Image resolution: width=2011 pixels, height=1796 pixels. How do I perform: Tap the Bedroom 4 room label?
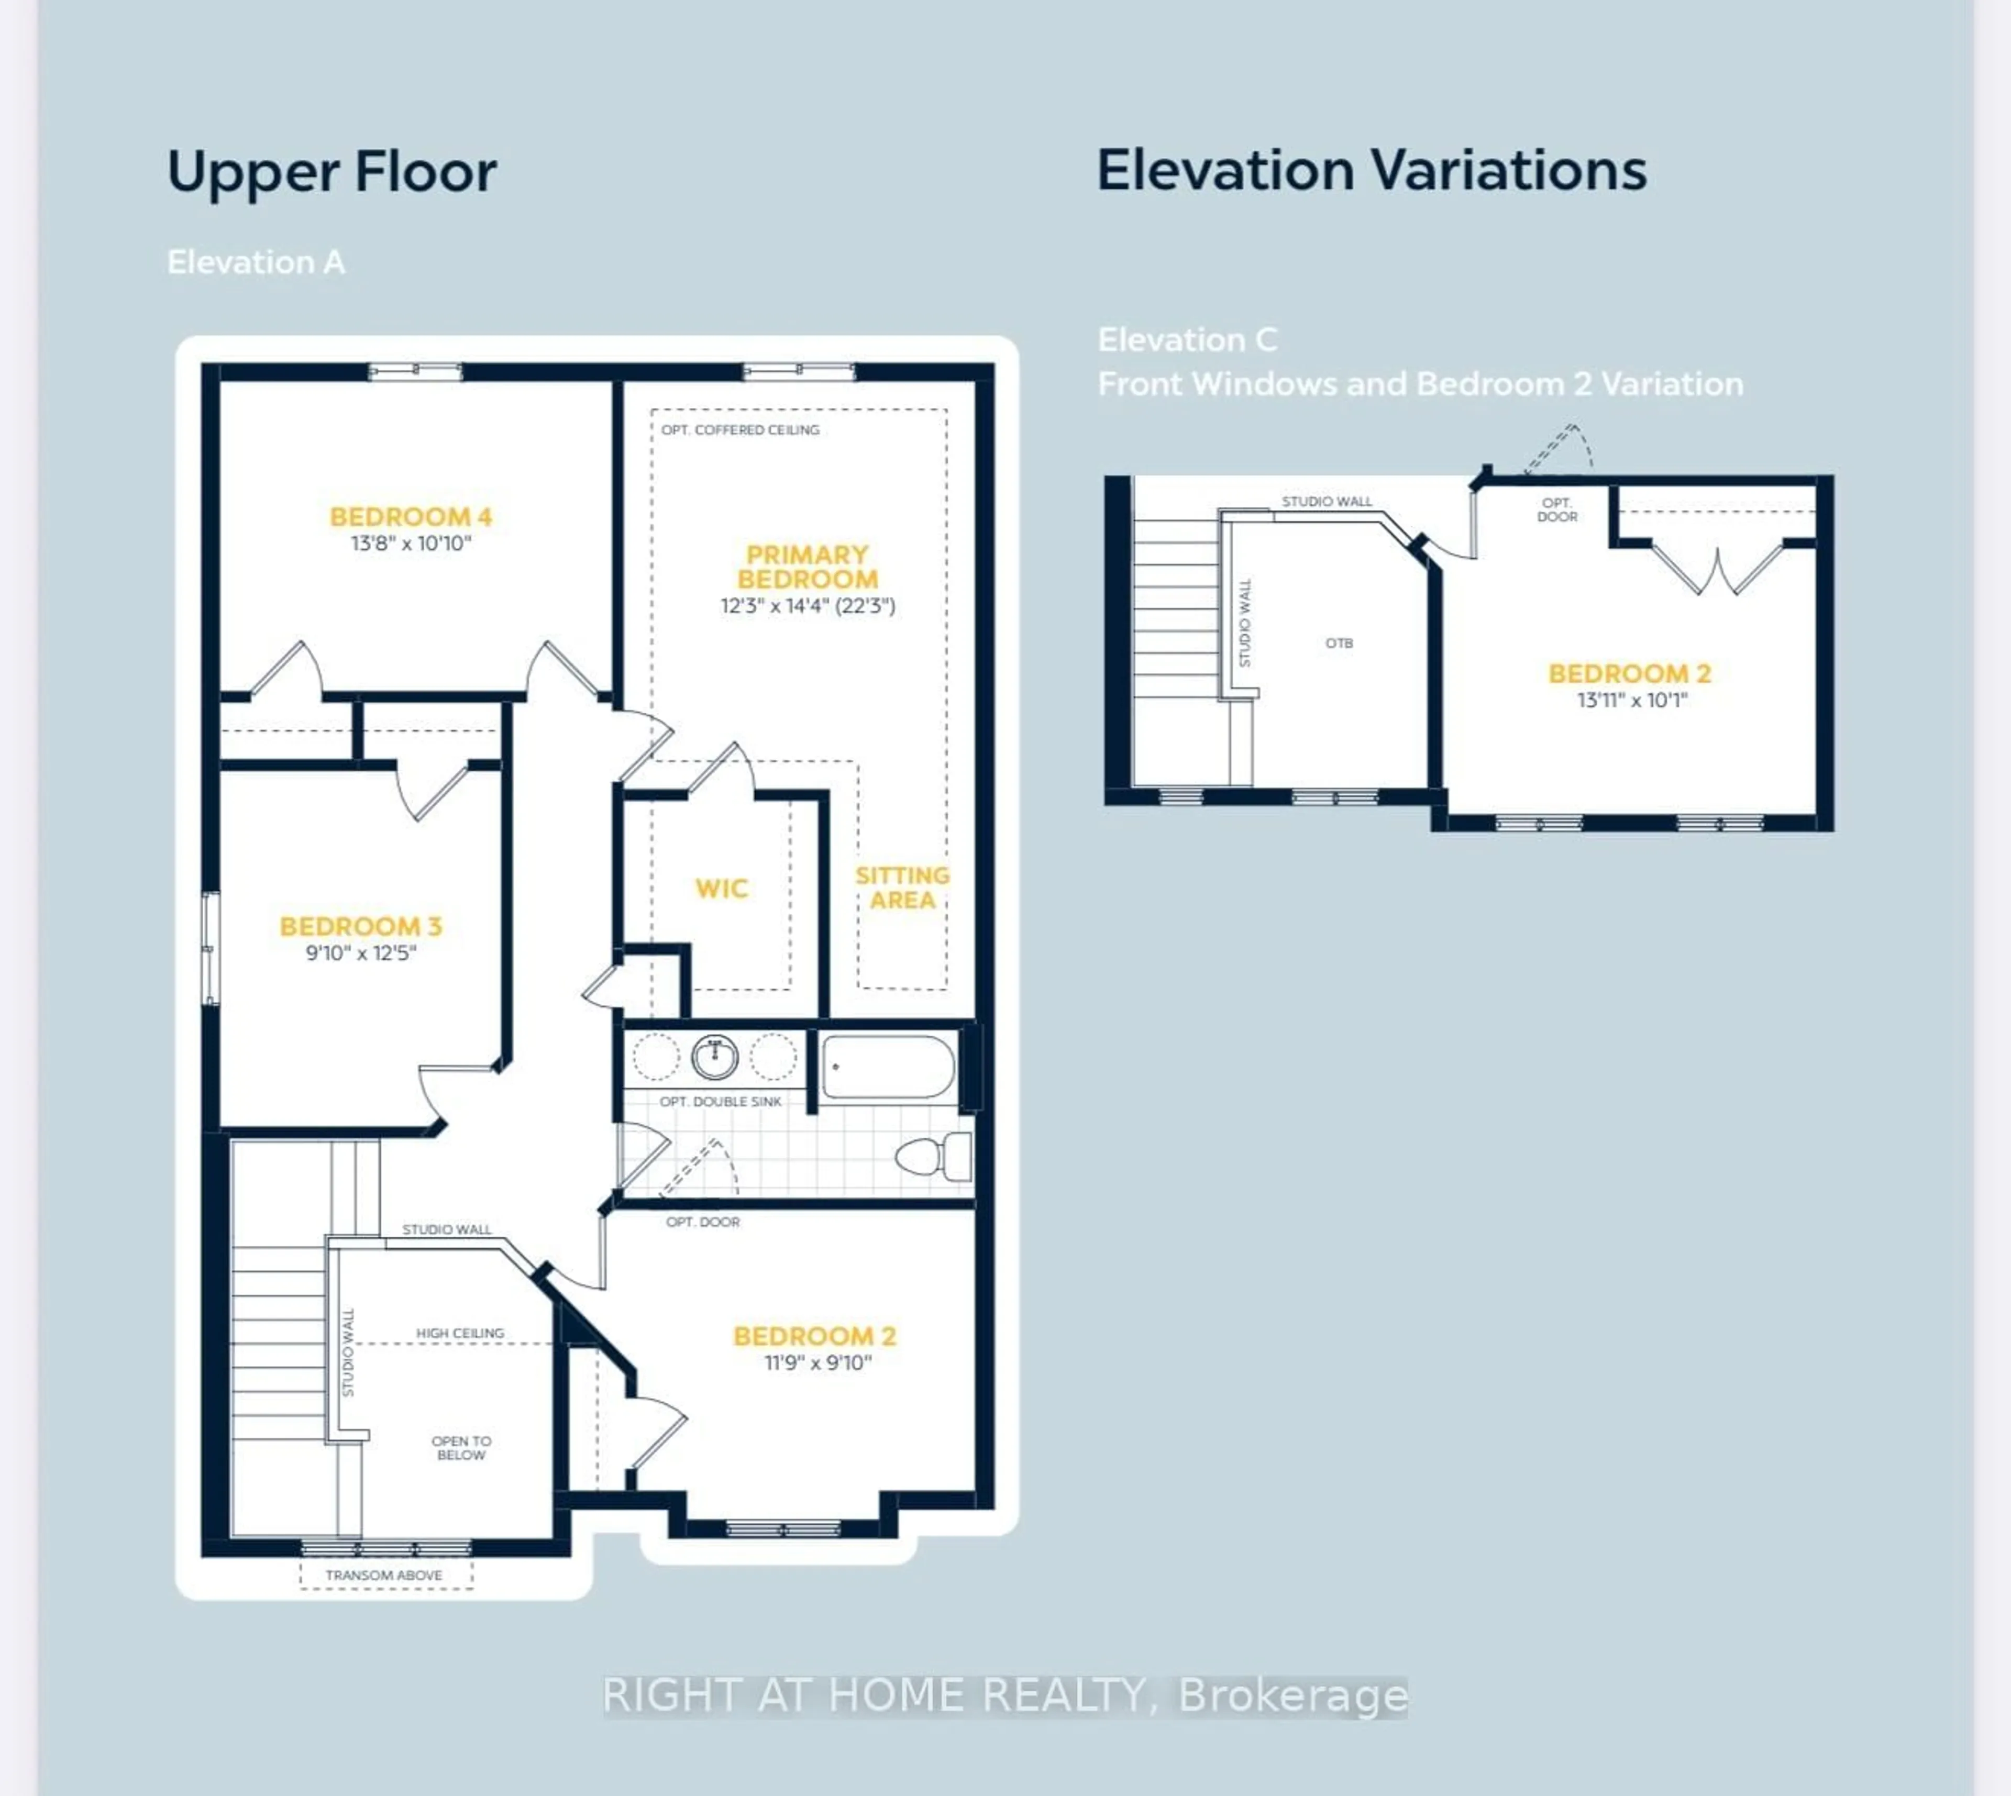(x=411, y=516)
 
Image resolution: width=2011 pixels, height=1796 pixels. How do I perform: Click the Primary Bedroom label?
(x=807, y=567)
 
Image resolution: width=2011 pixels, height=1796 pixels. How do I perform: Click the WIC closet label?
(x=721, y=888)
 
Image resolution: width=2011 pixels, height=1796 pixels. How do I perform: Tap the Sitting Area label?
(x=902, y=887)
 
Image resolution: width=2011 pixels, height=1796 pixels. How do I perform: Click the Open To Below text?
(x=461, y=1448)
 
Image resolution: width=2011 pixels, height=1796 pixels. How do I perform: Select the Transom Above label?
(x=384, y=1575)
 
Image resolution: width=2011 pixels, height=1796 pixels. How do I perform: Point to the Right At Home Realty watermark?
(x=1004, y=1695)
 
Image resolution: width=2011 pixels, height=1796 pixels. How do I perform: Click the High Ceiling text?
(x=460, y=1333)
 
